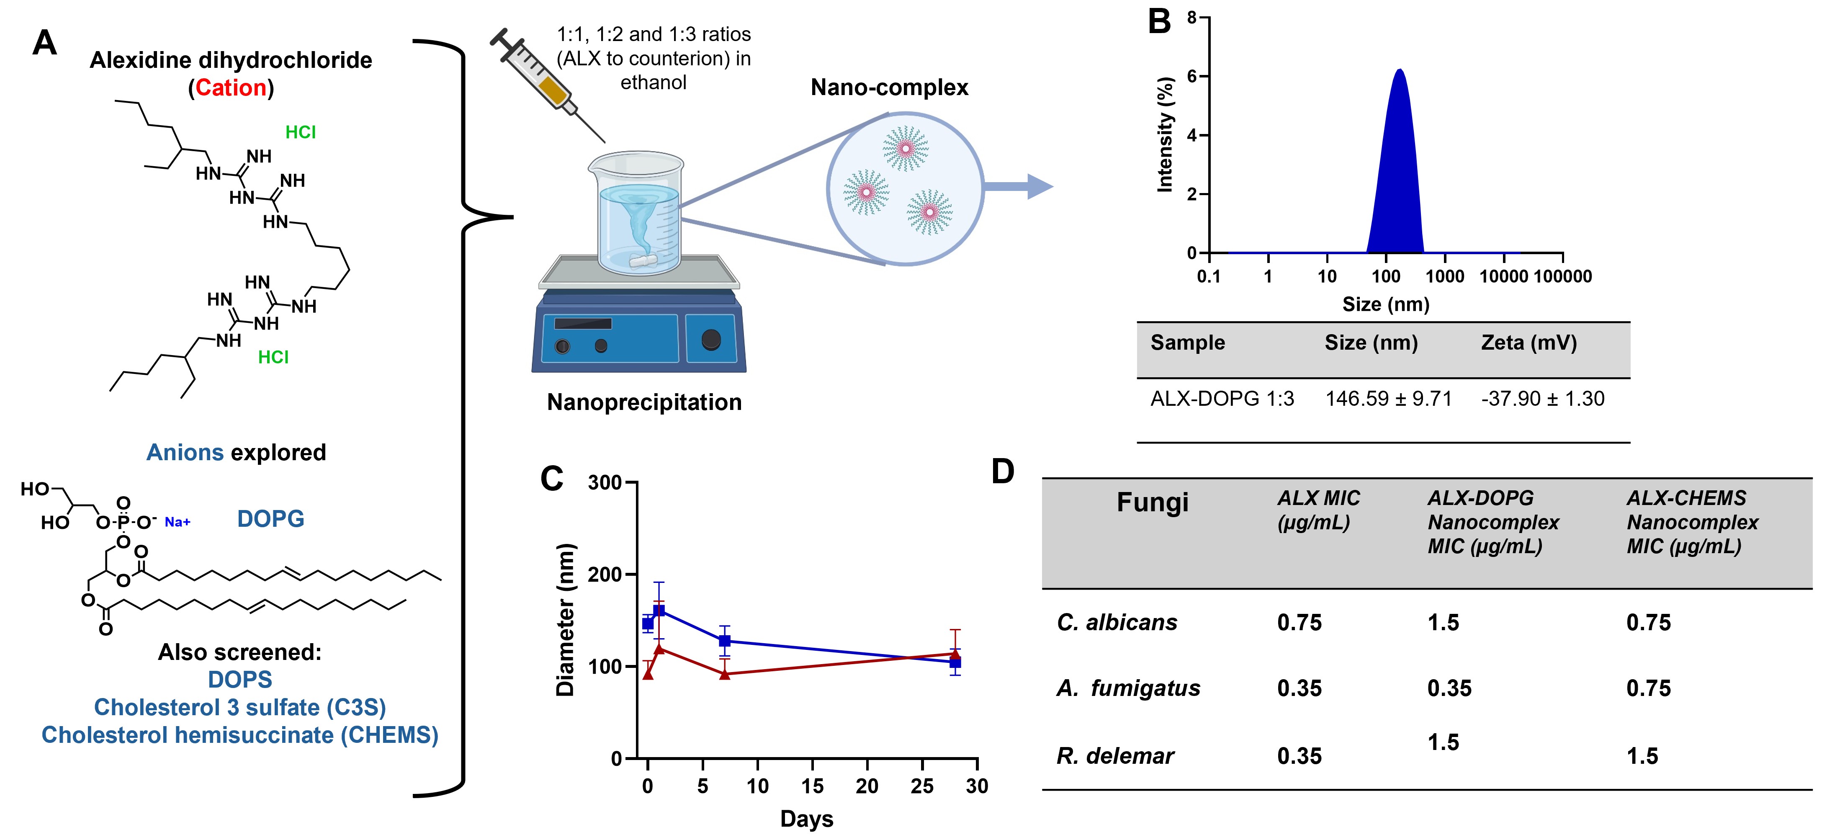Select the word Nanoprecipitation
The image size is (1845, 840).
point(644,402)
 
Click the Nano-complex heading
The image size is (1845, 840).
point(889,88)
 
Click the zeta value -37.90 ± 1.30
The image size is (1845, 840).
point(1542,399)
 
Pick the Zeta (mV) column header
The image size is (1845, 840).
point(1528,343)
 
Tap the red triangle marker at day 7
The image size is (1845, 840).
point(725,674)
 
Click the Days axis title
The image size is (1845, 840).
point(806,819)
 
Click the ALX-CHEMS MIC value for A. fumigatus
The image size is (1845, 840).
point(1648,688)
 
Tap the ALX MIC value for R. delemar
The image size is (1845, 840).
point(1299,756)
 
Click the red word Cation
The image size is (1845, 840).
point(231,88)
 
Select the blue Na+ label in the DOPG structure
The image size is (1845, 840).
point(178,522)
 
